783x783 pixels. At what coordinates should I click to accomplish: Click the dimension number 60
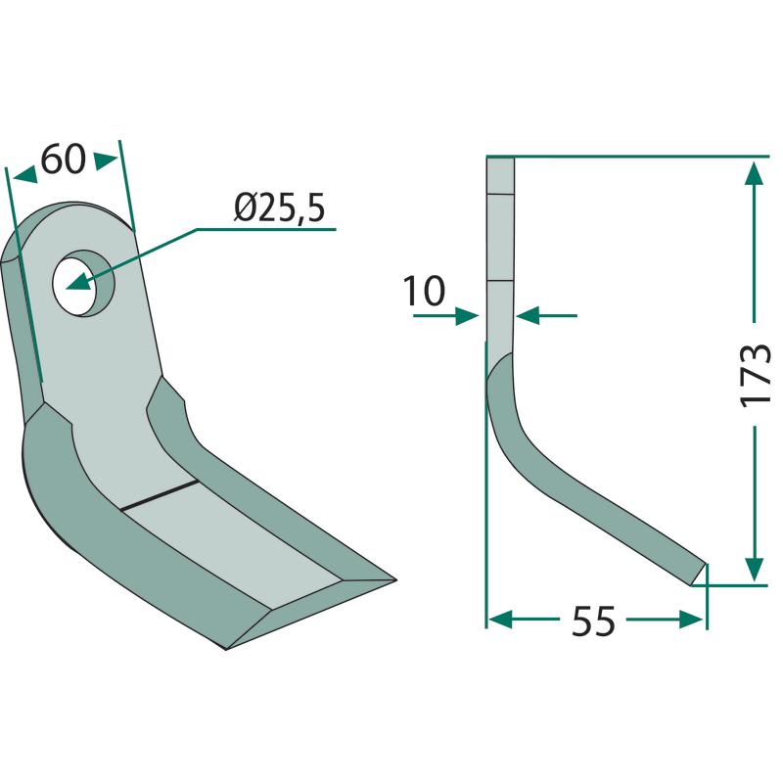click(x=64, y=160)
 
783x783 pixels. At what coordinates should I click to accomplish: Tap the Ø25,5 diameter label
click(x=280, y=207)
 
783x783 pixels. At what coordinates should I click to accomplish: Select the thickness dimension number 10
click(x=424, y=290)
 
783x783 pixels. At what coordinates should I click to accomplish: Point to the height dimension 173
click(x=755, y=375)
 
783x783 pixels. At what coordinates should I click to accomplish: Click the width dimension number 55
click(x=593, y=622)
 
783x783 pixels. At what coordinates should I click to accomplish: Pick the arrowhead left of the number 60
click(x=25, y=175)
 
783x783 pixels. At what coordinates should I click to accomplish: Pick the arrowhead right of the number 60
click(x=107, y=161)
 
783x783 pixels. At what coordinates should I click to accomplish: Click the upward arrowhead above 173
click(x=754, y=173)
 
